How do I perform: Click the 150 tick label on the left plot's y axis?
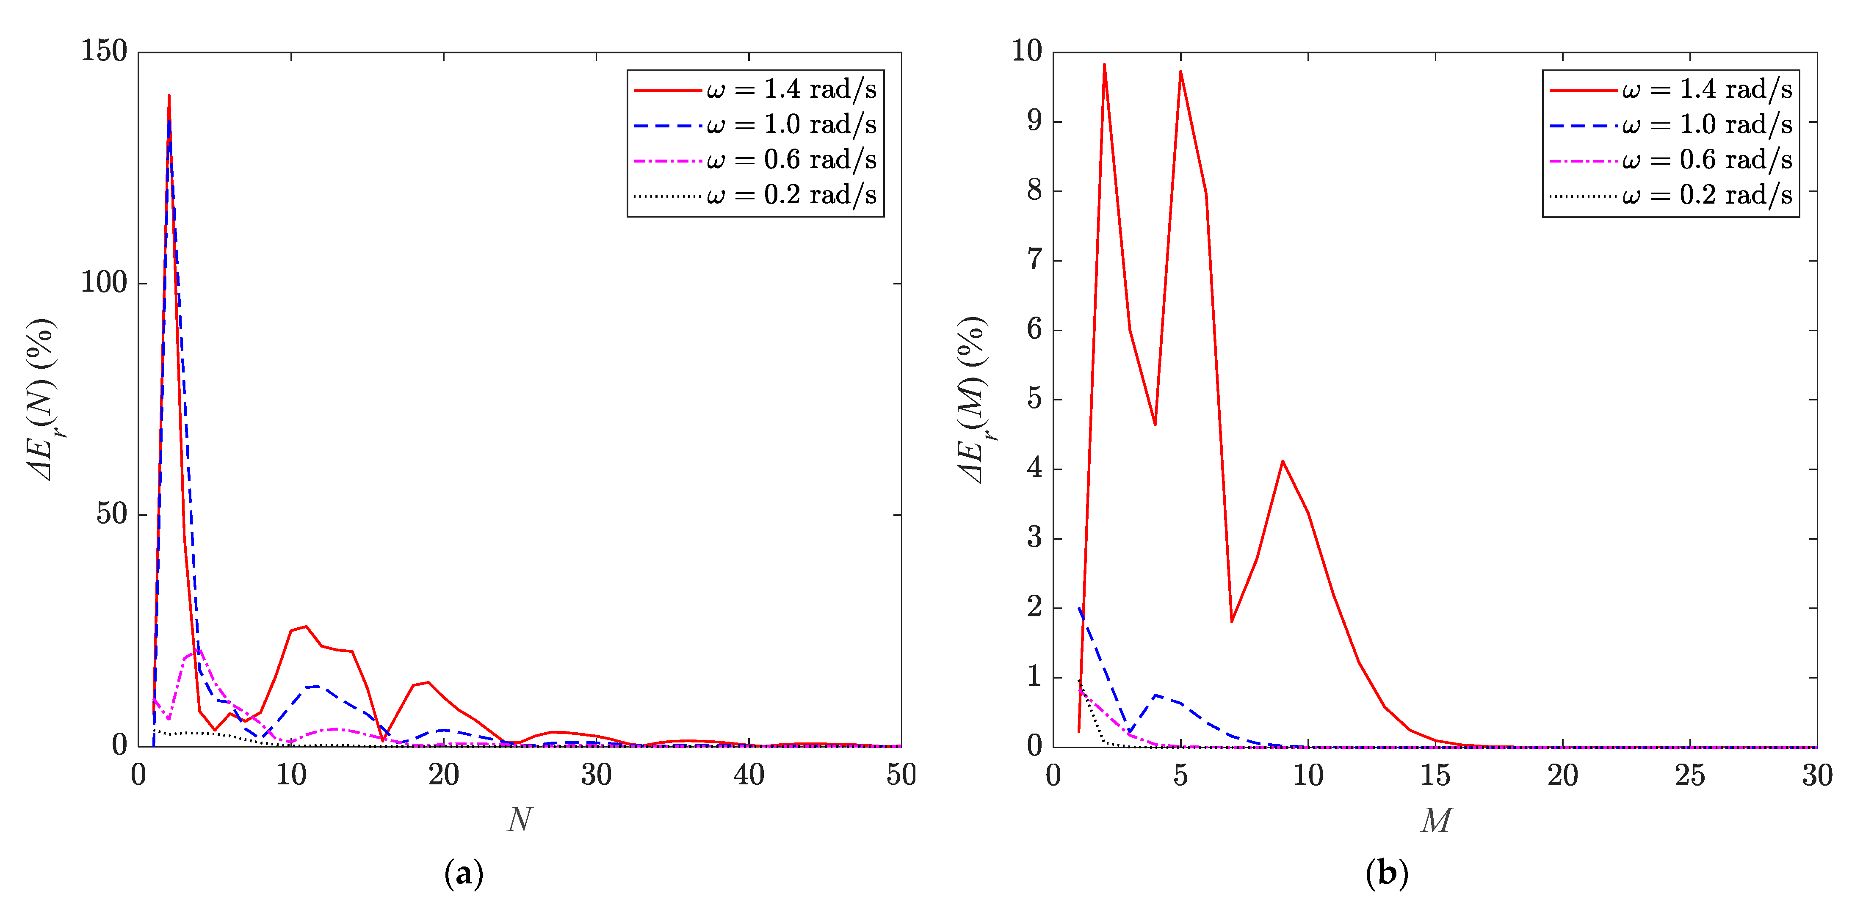[x=104, y=51]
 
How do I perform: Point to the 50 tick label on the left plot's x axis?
[x=901, y=775]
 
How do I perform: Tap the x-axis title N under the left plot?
[x=520, y=819]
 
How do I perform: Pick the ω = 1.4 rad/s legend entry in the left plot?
[x=755, y=90]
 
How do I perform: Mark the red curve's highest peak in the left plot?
[x=169, y=96]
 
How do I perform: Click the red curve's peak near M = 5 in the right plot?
[x=1180, y=71]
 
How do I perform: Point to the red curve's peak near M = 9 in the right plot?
[x=1283, y=461]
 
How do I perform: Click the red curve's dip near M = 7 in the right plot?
[x=1232, y=621]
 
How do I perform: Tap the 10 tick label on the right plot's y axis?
[x=1027, y=51]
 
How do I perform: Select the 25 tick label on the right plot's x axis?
[x=1689, y=775]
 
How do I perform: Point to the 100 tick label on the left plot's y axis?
[x=104, y=282]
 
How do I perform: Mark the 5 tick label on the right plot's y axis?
[x=1034, y=399]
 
